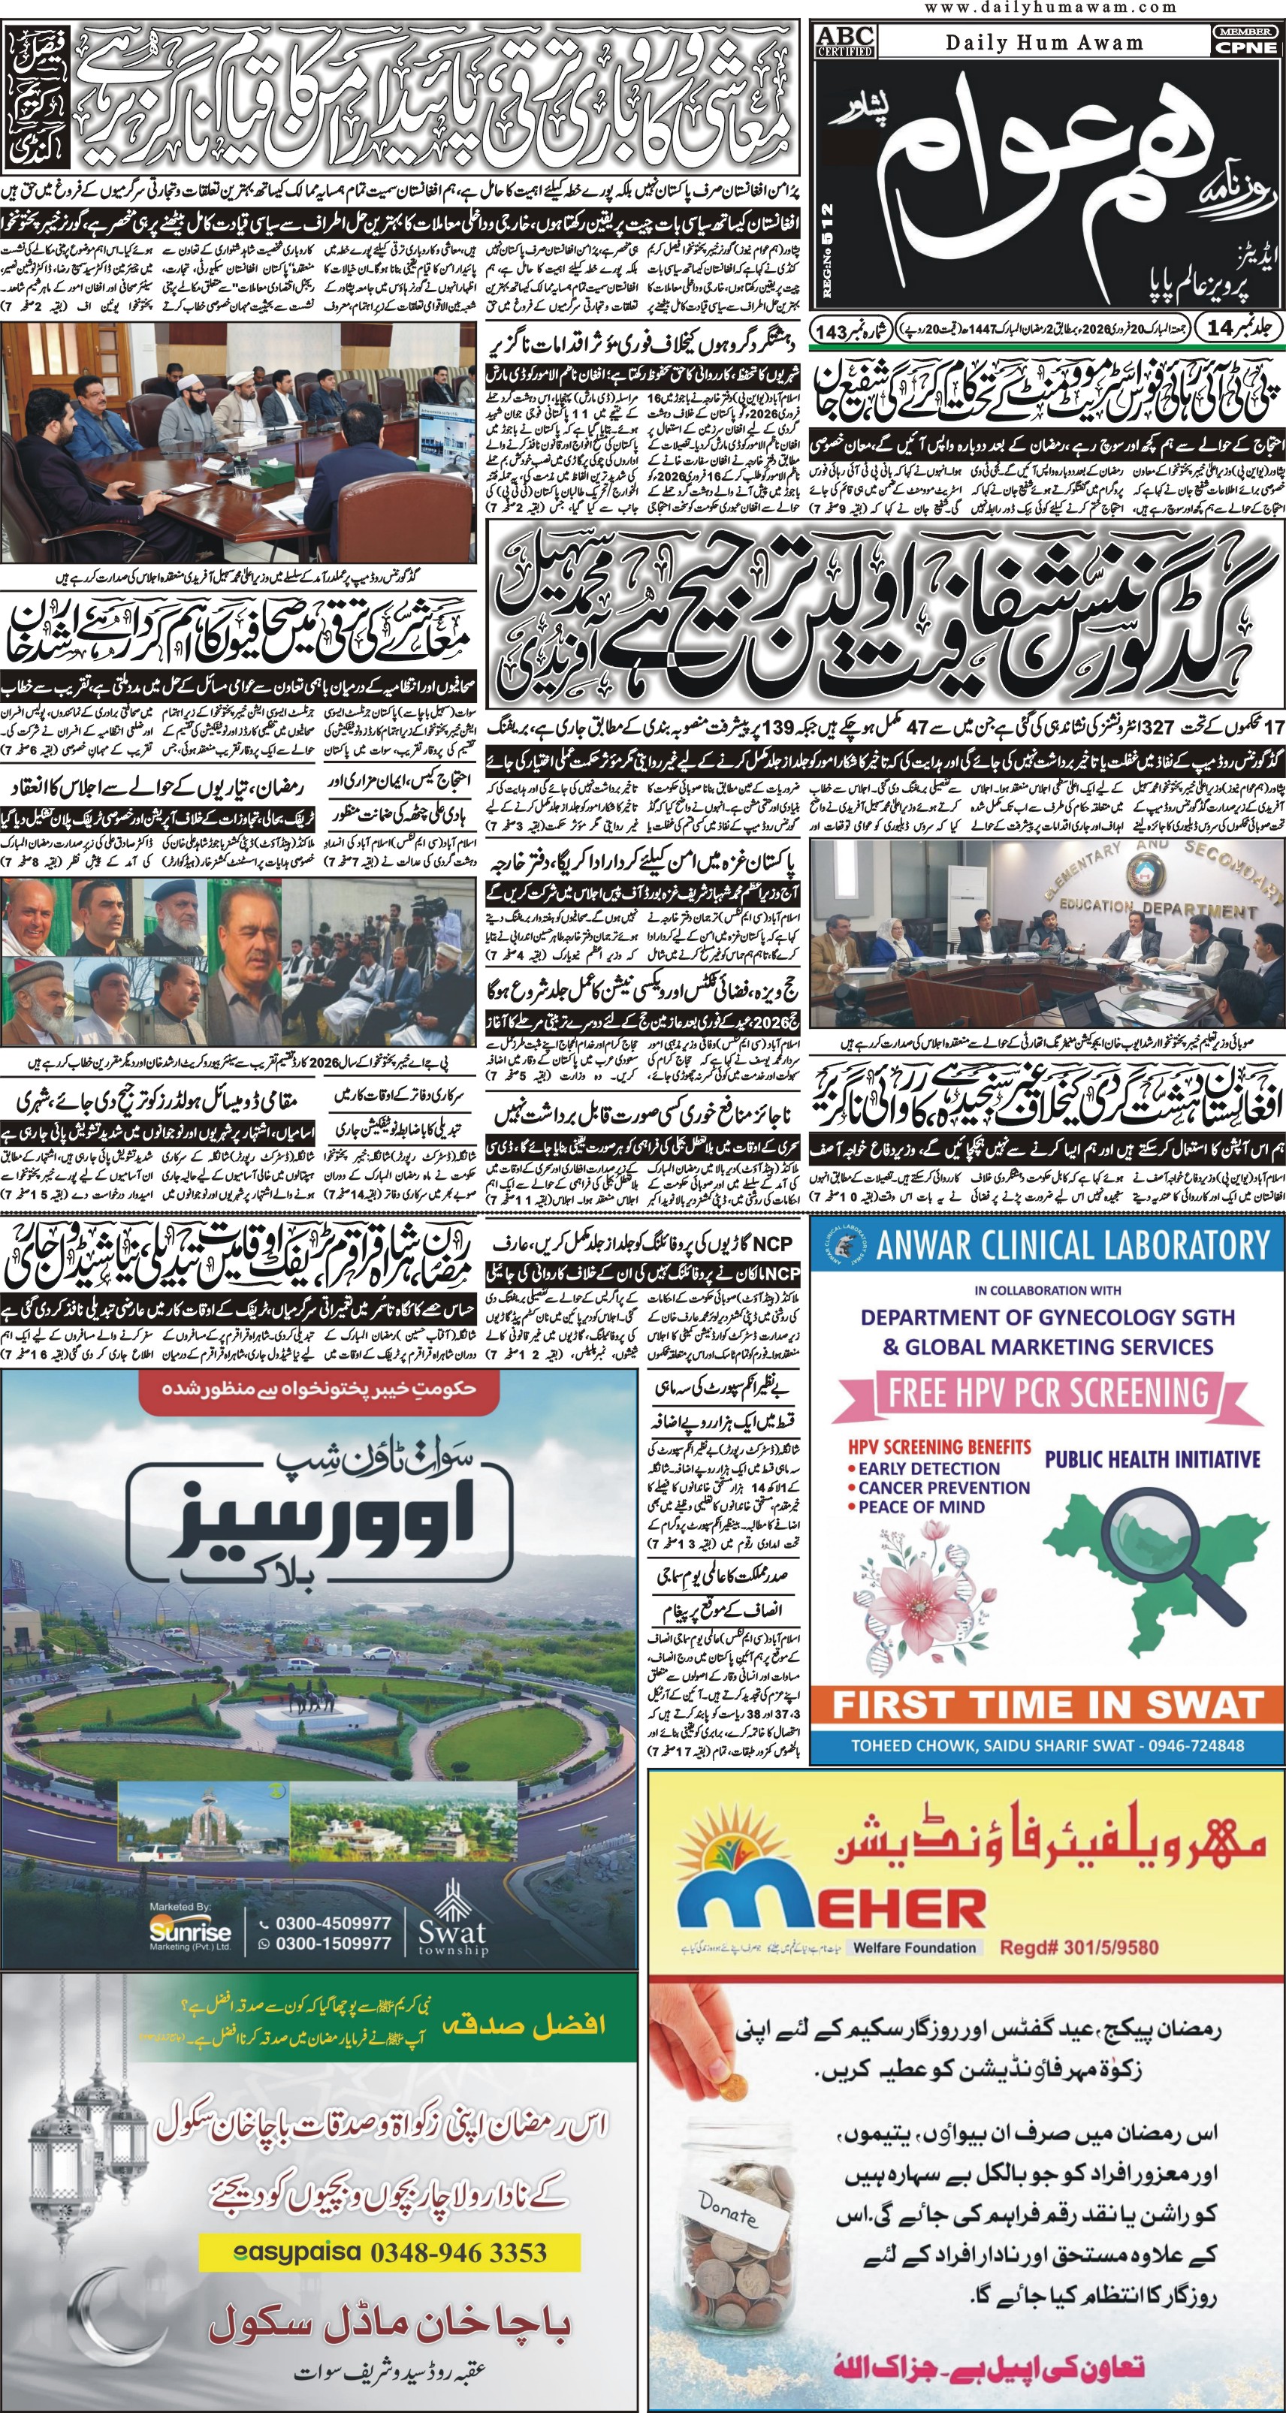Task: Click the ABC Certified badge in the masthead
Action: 846,41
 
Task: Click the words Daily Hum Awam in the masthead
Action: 1043,42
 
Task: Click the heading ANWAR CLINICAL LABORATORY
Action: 1073,1246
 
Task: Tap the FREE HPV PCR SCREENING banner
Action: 1043,1393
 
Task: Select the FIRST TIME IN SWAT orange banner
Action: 1047,1704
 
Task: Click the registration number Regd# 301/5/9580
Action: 1079,1947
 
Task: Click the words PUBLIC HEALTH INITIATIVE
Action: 1152,1458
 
